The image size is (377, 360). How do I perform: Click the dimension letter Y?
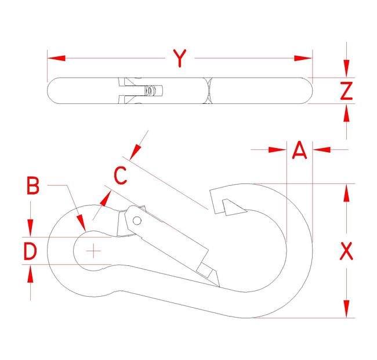(180, 58)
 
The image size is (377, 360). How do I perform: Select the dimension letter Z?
(346, 91)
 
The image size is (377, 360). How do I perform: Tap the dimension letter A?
(299, 150)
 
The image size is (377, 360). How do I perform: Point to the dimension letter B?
(33, 186)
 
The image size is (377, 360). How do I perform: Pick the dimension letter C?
(120, 175)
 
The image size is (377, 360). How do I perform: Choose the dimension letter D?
(30, 251)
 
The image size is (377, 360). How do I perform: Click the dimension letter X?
(346, 251)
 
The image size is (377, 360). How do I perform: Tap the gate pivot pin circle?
(137, 221)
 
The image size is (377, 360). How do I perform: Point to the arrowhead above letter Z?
(346, 70)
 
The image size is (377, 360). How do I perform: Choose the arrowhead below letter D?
(30, 273)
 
